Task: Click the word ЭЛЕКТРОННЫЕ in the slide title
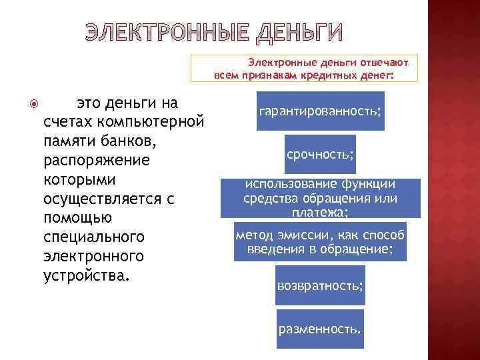[x=166, y=32]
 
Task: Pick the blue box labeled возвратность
[x=320, y=285]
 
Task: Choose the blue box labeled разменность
[x=320, y=329]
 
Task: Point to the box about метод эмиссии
[x=320, y=242]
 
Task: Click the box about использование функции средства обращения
[x=320, y=198]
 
